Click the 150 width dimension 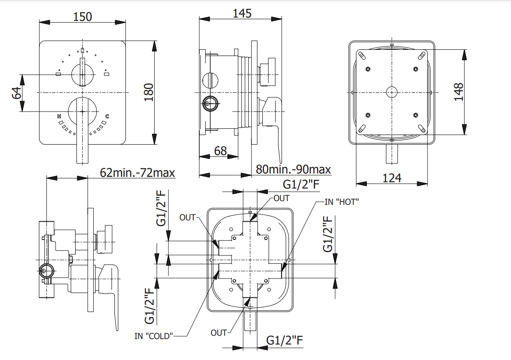click(x=82, y=16)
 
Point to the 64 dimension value click(x=16, y=93)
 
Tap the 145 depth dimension click(x=242, y=13)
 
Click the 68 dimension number click(x=220, y=151)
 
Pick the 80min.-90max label click(x=293, y=169)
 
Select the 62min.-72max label click(x=137, y=172)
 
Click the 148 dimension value click(x=458, y=92)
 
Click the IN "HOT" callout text click(x=342, y=202)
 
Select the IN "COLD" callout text click(x=154, y=335)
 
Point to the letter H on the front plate click(x=59, y=116)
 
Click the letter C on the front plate click(x=107, y=116)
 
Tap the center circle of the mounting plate click(x=392, y=92)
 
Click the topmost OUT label click(x=281, y=198)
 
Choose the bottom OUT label click(x=219, y=332)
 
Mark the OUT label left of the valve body click(x=188, y=217)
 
